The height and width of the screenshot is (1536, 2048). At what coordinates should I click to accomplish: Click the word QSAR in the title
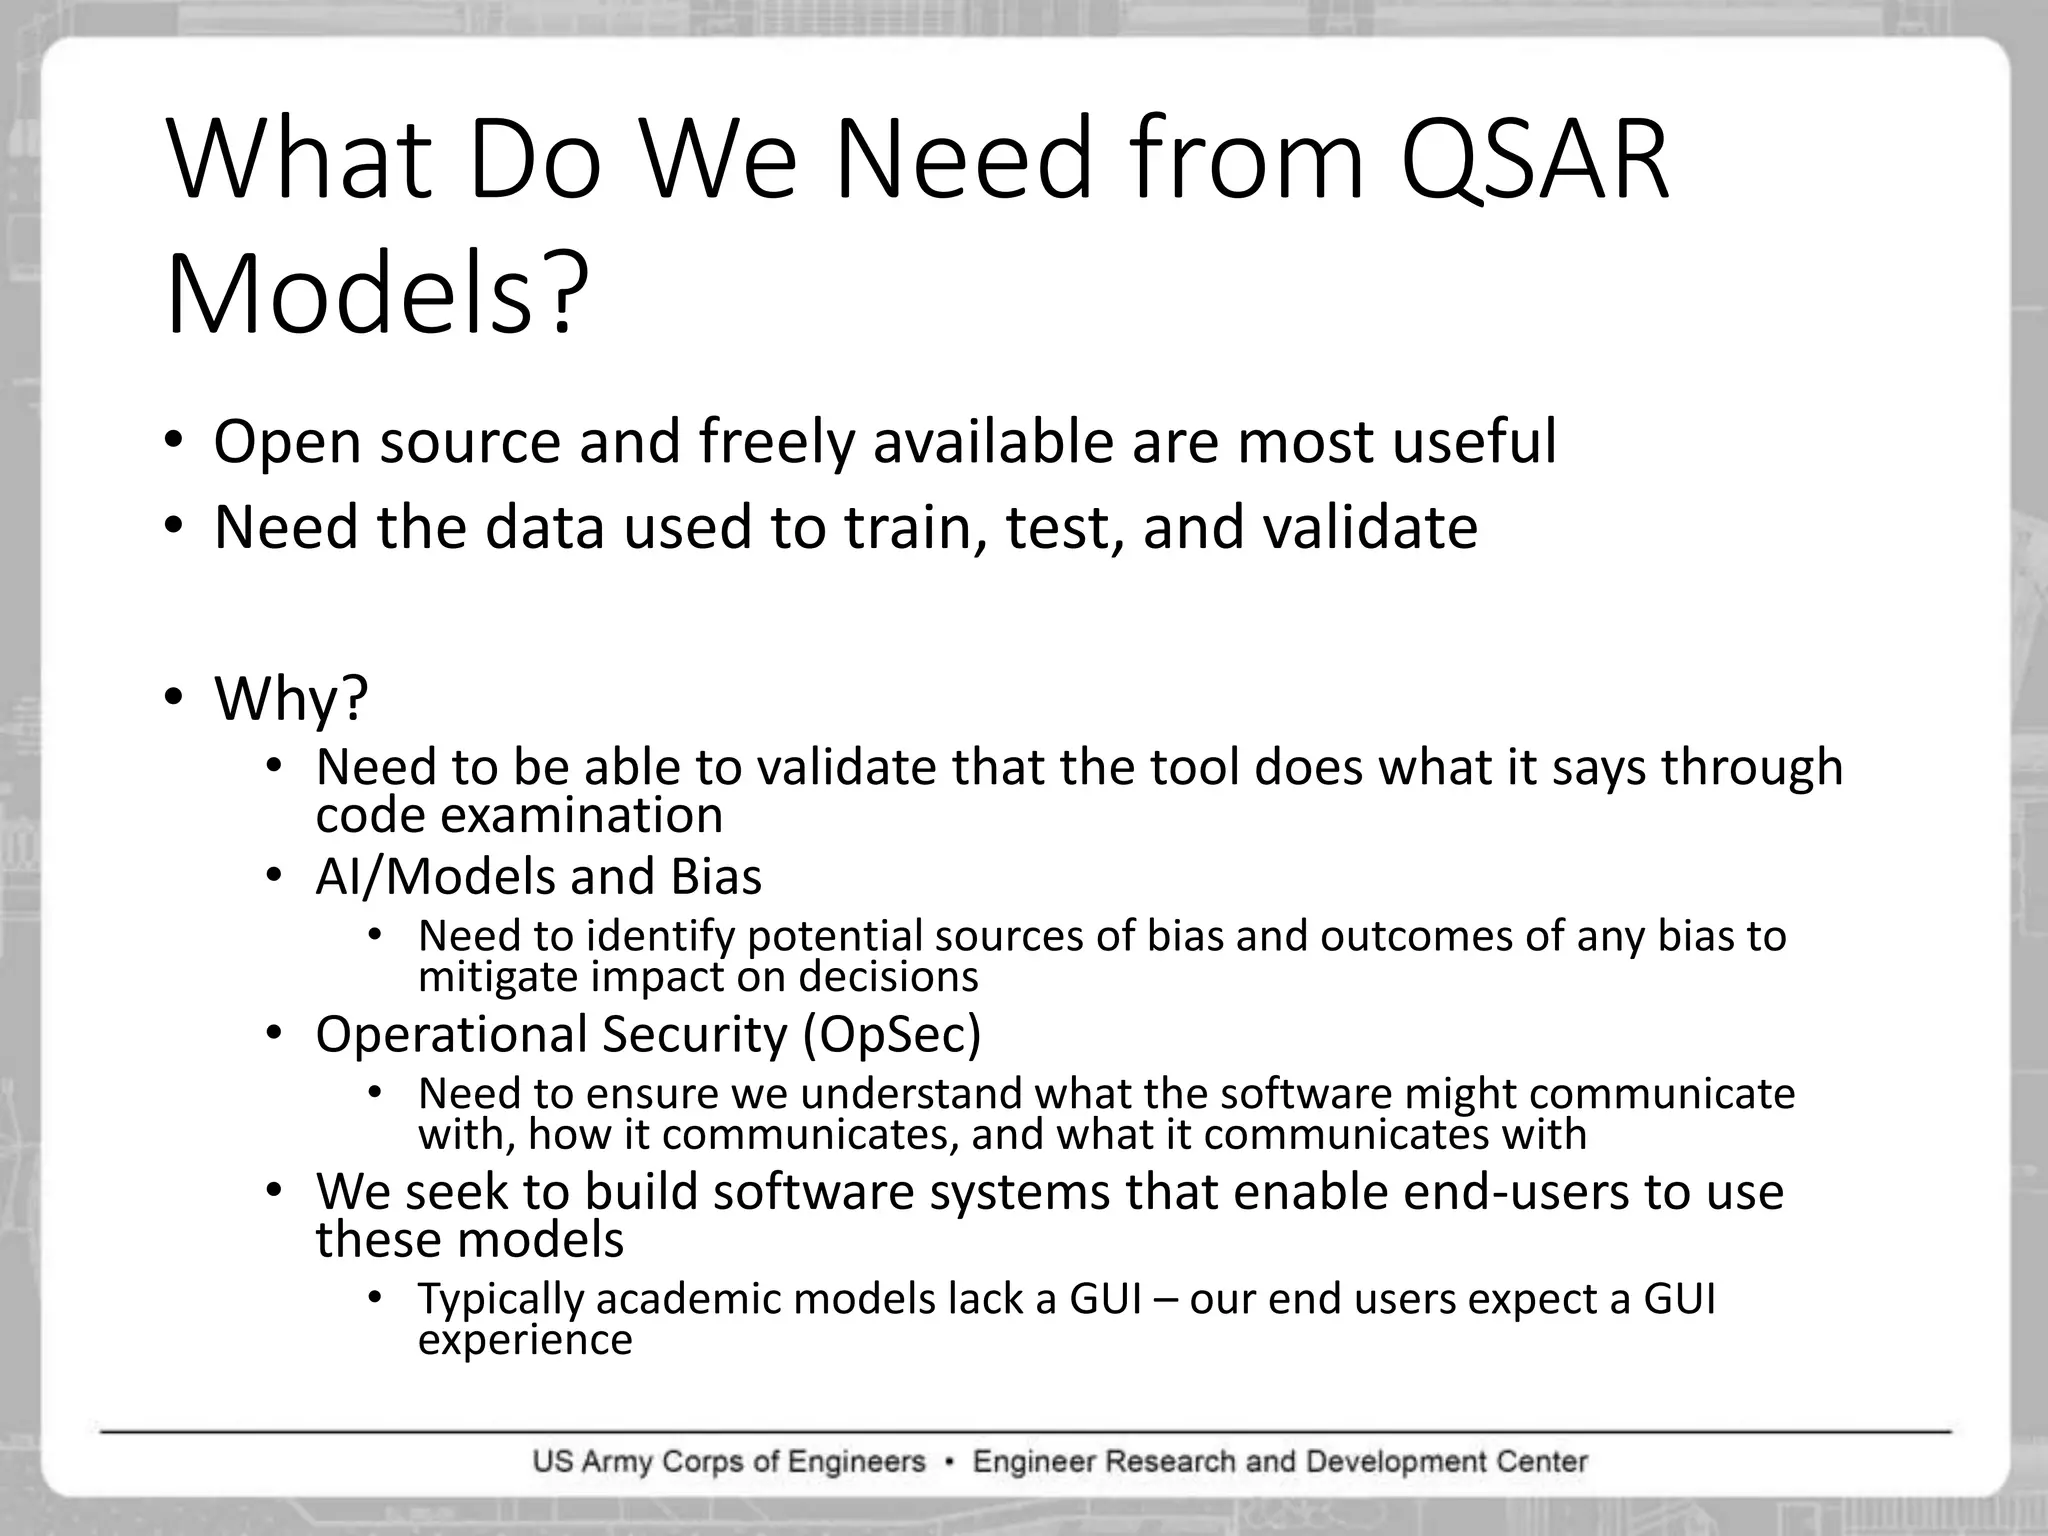coord(1535,160)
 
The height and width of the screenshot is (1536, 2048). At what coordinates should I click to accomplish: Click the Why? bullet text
coord(291,698)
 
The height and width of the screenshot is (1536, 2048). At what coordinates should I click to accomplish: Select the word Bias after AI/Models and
coord(716,877)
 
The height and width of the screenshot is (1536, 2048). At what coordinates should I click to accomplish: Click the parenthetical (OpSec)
coord(892,1034)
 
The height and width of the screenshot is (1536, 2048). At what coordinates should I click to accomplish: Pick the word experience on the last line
coord(525,1340)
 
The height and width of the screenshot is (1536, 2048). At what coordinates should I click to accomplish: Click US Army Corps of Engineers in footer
coord(729,1462)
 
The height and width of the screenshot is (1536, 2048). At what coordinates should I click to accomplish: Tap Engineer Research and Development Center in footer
coord(1280,1462)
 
